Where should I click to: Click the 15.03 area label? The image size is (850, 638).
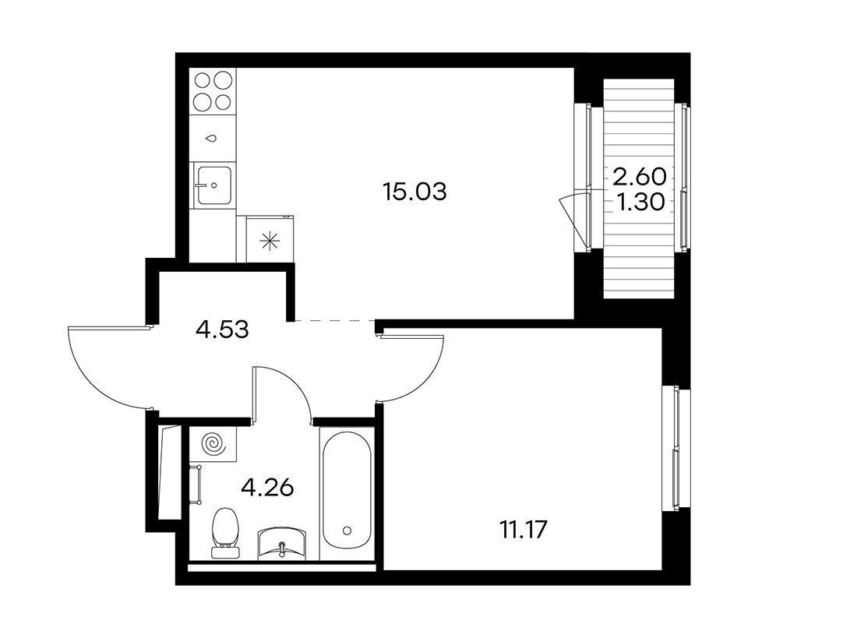click(414, 192)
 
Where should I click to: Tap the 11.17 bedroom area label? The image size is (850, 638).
click(523, 529)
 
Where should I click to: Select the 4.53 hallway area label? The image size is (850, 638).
click(223, 329)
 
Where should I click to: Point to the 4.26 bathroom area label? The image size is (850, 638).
click(268, 488)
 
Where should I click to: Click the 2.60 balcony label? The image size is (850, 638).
click(640, 175)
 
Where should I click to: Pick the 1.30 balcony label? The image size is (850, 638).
click(640, 203)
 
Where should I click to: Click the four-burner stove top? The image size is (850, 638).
click(213, 91)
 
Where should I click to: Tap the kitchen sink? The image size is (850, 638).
click(214, 185)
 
